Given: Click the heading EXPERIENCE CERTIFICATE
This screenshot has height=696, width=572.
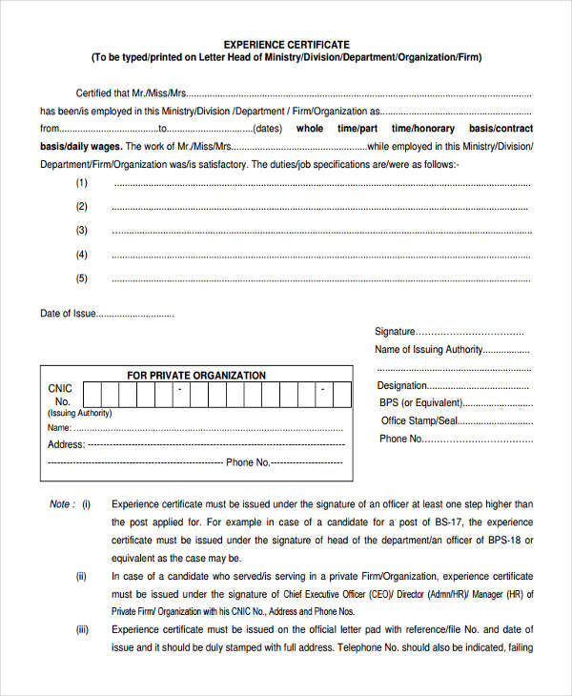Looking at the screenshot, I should [286, 44].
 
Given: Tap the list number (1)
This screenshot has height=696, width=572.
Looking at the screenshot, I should [82, 182].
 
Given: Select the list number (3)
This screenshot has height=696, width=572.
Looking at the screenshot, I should [82, 230].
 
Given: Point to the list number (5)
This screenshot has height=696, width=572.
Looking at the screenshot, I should [82, 278].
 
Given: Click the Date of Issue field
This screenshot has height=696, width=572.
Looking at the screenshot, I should [135, 314].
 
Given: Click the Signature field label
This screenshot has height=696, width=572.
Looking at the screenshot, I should [395, 332].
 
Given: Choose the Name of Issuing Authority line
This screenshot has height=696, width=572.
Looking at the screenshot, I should [453, 350].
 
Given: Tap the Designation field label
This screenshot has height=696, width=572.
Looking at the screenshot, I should [401, 385].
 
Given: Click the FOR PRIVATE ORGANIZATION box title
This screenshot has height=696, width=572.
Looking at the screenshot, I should [196, 376].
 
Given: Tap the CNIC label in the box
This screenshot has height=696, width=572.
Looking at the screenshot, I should [60, 389].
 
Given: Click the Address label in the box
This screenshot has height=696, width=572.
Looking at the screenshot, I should [66, 444].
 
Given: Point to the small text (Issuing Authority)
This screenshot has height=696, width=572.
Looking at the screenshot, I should [79, 413].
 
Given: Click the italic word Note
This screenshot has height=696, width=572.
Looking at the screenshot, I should [59, 504].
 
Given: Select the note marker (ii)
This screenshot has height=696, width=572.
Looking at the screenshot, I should [82, 576].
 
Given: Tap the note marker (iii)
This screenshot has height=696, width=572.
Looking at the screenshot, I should [82, 629].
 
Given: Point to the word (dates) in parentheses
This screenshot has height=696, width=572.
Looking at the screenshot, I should [268, 129].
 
